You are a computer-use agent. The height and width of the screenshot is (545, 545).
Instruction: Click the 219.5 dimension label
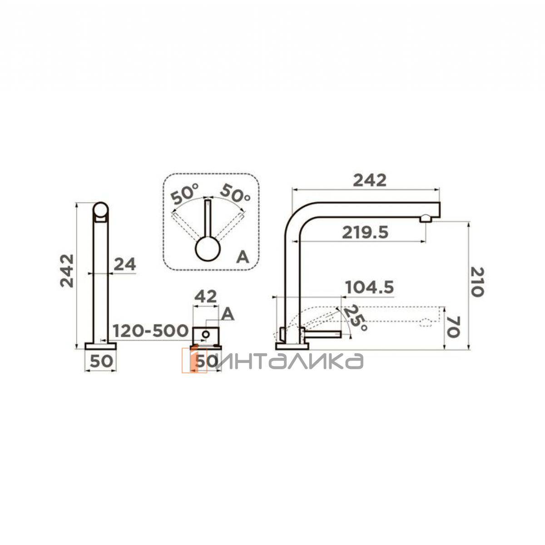(365, 233)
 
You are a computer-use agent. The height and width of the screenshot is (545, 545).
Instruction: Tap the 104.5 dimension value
(369, 287)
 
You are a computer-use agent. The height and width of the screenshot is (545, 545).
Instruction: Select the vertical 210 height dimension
(477, 282)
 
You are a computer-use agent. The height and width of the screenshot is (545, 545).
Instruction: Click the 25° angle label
(356, 319)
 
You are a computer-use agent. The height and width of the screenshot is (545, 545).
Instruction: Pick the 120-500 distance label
(150, 331)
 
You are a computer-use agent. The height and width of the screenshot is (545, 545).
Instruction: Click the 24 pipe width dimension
(124, 264)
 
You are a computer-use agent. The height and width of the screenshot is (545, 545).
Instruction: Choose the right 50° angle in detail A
(235, 193)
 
